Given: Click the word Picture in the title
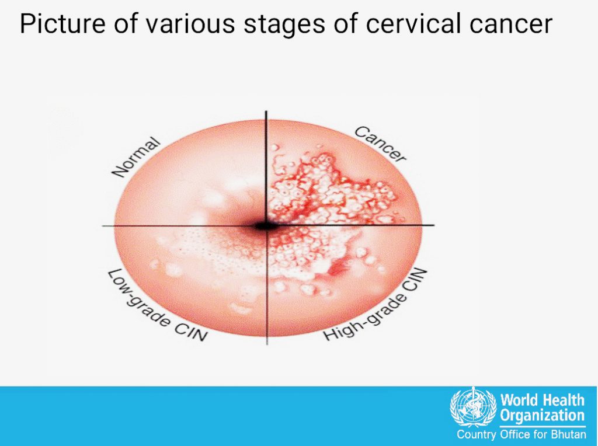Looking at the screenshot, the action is [x=62, y=23].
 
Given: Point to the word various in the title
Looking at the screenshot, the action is [x=190, y=23].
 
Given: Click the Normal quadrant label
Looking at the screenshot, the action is [x=136, y=157].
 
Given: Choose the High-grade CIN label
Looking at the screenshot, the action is [x=376, y=305].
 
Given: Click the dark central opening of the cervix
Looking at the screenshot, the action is [x=265, y=226].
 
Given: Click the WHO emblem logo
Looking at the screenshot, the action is [x=472, y=407].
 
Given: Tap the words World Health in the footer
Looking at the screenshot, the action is [x=543, y=400].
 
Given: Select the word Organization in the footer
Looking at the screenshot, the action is [x=543, y=416].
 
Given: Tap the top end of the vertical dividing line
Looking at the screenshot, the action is [x=266, y=111].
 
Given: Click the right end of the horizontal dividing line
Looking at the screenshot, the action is [x=434, y=225].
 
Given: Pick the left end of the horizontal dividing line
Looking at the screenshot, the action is [x=102, y=226].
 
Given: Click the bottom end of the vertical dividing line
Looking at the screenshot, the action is [x=266, y=344].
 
